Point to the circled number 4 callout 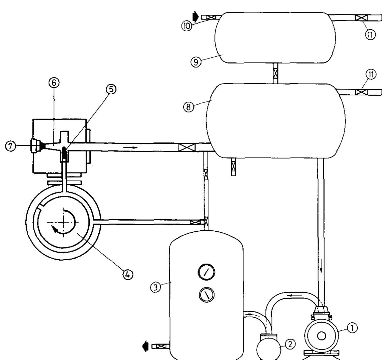(x=128, y=273)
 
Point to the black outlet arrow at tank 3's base (x=147, y=347)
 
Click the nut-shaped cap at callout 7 (x=35, y=146)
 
